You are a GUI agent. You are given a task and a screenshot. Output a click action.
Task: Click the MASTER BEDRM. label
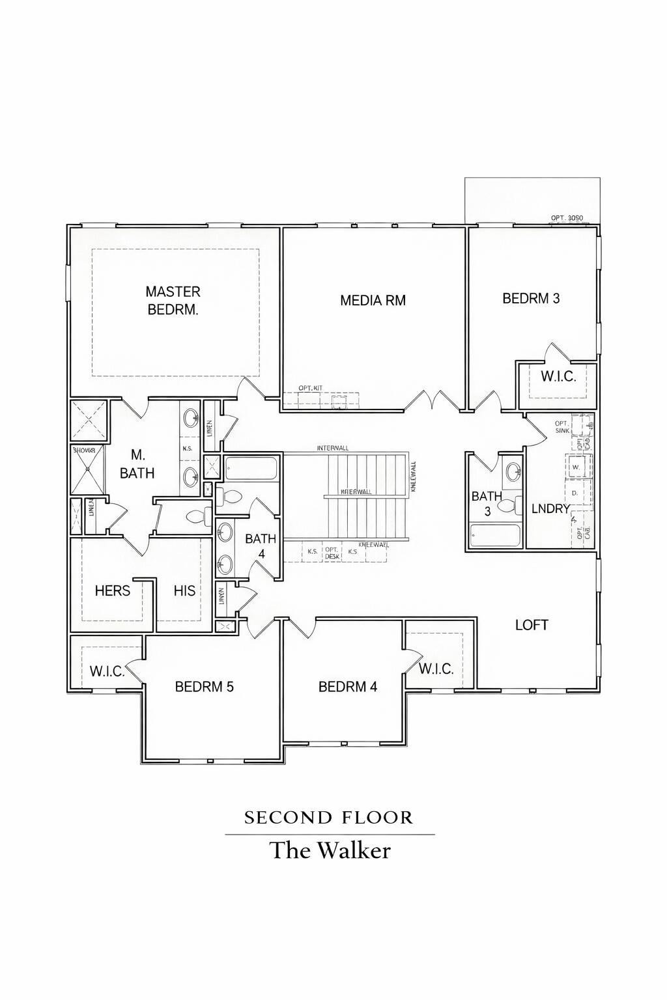click(173, 301)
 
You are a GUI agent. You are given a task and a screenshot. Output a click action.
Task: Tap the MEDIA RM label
click(373, 300)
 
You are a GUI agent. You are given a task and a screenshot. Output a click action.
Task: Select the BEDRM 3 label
click(531, 298)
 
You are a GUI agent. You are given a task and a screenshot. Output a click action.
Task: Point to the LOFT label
click(532, 625)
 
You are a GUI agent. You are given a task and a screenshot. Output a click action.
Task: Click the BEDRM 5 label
click(204, 687)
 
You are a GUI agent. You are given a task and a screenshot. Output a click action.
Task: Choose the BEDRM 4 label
click(347, 687)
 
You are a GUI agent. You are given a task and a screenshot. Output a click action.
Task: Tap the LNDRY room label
click(550, 508)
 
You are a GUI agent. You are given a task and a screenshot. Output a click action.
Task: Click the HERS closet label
click(112, 590)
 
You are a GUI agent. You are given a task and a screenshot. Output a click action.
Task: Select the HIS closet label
click(184, 590)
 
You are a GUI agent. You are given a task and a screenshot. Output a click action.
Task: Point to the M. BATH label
click(137, 464)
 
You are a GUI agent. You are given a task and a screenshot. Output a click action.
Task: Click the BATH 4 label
click(261, 546)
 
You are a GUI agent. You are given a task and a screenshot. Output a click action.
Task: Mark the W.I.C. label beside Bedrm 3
click(558, 376)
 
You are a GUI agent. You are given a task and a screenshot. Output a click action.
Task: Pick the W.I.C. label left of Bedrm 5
click(107, 671)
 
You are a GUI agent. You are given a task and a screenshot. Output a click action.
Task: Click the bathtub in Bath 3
click(495, 536)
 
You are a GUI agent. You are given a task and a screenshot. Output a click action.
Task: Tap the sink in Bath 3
click(513, 471)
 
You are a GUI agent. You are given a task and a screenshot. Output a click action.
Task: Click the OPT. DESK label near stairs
click(332, 552)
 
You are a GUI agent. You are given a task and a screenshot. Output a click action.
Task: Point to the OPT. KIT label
click(311, 388)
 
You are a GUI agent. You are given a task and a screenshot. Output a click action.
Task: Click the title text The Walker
click(330, 851)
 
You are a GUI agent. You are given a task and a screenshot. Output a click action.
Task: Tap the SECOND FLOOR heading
click(329, 818)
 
